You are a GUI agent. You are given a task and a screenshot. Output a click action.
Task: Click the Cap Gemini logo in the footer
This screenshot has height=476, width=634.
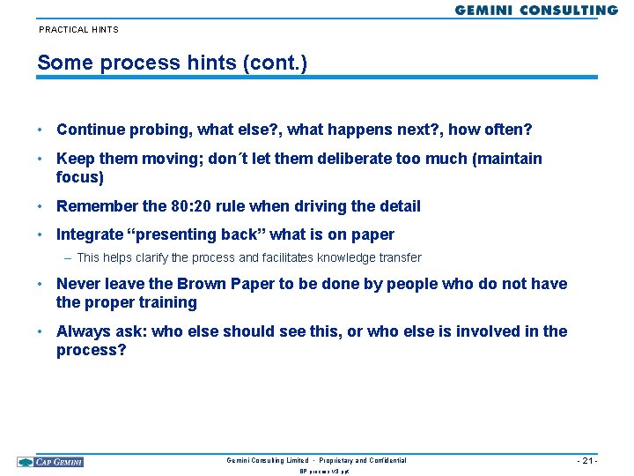(50, 461)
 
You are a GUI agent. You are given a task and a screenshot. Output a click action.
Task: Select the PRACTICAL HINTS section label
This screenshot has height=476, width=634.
(78, 30)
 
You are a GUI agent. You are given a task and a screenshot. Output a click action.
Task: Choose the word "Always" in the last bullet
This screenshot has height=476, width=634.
(83, 331)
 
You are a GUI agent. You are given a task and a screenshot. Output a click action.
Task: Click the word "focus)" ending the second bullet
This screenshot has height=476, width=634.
(80, 177)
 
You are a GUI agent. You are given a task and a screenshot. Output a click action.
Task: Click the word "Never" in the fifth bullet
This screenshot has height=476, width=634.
(78, 284)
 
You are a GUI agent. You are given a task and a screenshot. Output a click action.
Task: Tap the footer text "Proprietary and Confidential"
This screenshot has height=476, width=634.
(363, 460)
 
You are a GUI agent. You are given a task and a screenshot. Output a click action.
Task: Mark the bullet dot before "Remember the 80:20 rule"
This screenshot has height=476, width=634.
(41, 206)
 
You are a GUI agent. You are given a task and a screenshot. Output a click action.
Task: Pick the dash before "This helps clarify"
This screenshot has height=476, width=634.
(68, 258)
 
